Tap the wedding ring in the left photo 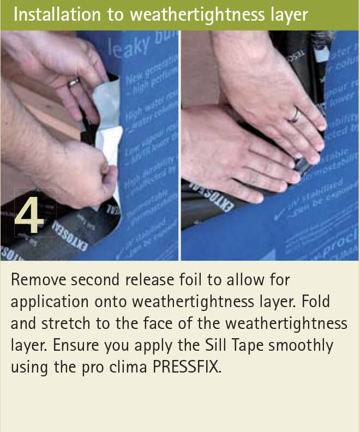click(x=73, y=82)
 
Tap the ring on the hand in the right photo click(x=295, y=115)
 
